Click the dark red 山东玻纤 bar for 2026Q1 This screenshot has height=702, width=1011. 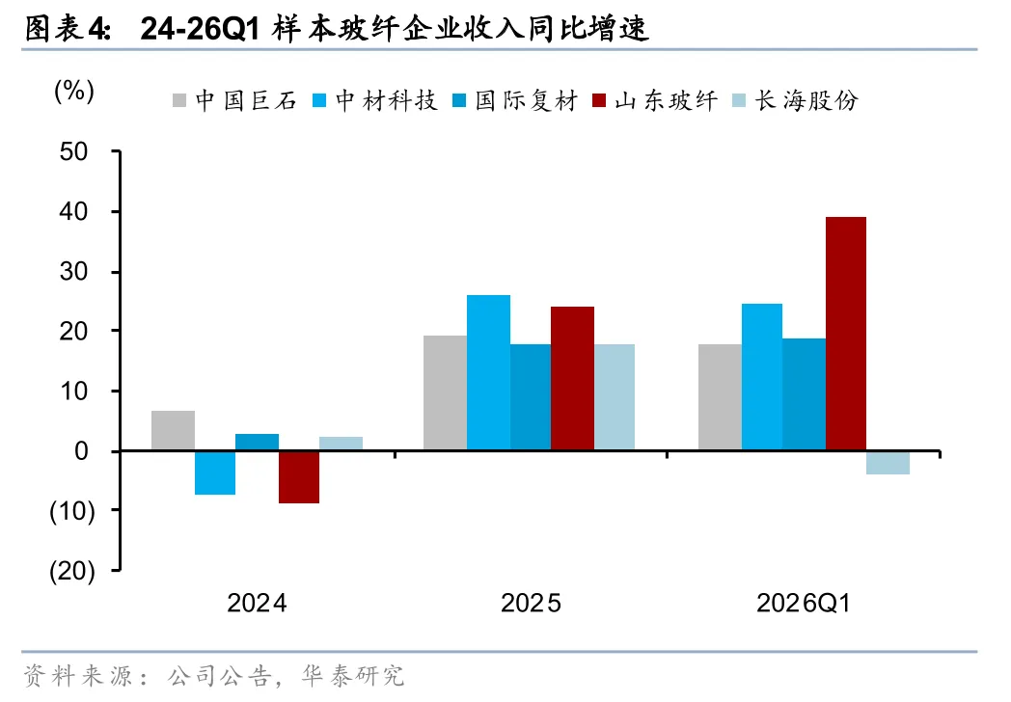(846, 334)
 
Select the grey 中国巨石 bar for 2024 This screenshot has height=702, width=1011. (173, 430)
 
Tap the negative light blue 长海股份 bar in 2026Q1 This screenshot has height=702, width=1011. (888, 463)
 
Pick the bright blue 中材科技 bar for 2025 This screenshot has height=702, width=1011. (488, 372)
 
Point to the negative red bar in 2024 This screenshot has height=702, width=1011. (298, 477)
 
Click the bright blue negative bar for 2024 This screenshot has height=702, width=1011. (215, 473)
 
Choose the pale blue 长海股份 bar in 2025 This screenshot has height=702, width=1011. (615, 397)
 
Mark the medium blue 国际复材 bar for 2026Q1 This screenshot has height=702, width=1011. (804, 394)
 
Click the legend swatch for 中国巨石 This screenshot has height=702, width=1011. (179, 100)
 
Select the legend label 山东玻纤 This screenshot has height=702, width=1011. (666, 100)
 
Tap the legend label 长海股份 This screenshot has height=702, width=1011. (806, 100)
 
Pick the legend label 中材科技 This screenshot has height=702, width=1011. (386, 100)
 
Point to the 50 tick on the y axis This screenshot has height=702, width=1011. (73, 151)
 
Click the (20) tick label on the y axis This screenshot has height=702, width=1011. (72, 571)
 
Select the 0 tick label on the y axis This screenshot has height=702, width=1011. (81, 450)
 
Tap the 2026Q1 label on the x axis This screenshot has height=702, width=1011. (804, 604)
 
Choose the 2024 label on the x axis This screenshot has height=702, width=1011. (257, 604)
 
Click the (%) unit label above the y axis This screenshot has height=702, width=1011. (74, 91)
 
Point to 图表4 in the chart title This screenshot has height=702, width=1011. (68, 28)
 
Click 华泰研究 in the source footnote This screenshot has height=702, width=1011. (353, 676)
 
